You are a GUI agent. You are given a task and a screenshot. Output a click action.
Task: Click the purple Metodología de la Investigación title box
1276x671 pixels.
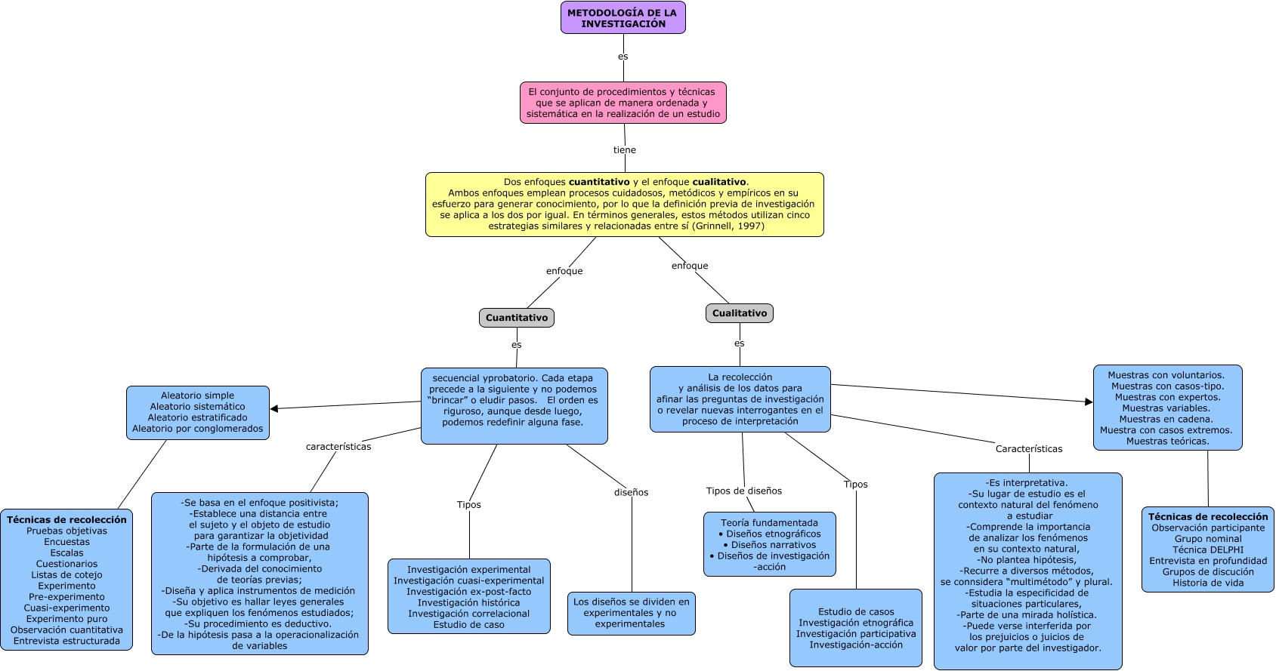623,17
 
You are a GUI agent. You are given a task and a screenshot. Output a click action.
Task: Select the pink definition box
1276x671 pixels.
623,103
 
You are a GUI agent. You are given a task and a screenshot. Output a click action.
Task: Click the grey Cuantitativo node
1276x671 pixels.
517,318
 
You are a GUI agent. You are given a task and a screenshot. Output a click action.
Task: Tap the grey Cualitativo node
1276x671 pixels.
739,313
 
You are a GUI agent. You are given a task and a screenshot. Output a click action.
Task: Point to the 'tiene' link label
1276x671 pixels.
624,150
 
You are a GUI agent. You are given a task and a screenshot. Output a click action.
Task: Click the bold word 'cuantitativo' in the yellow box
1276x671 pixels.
599,182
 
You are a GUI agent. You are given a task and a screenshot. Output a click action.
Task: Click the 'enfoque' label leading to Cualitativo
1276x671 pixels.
690,266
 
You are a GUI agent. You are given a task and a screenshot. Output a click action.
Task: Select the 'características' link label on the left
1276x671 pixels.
338,447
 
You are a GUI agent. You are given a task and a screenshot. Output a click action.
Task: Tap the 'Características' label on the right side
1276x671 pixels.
1028,449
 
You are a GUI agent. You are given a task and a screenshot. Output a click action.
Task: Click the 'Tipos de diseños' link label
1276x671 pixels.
744,491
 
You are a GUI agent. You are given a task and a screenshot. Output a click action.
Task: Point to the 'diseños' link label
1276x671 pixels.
631,492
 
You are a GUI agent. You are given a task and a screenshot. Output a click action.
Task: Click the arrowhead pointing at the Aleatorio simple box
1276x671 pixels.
274,408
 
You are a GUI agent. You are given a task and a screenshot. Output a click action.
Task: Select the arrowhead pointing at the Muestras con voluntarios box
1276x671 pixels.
1089,402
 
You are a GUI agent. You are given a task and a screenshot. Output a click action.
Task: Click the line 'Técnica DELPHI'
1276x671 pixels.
1208,549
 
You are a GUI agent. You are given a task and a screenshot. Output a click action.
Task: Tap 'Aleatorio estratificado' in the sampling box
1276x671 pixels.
198,417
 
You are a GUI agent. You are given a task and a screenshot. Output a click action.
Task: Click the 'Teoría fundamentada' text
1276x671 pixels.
769,522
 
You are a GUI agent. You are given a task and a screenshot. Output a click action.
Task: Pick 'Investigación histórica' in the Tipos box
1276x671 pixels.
468,602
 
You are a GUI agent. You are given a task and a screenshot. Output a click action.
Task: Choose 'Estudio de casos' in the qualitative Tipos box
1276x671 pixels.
856,611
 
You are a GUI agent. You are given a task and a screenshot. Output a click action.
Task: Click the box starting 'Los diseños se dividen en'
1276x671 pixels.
631,613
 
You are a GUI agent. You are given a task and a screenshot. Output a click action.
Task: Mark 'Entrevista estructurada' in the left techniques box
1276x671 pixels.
66,641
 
